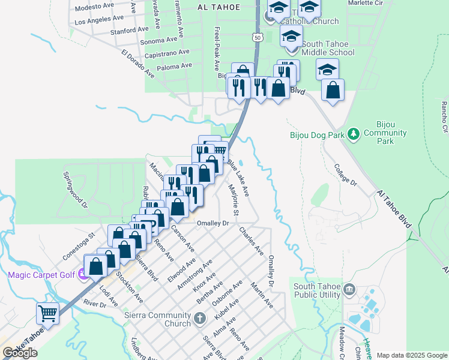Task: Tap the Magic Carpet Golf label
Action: pyautogui.click(x=41, y=275)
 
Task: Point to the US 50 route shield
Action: pyautogui.click(x=258, y=37)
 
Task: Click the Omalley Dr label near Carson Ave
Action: pyautogui.click(x=213, y=223)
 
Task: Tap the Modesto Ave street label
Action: pyautogui.click(x=95, y=7)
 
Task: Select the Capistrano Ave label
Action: pyautogui.click(x=169, y=53)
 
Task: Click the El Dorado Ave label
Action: pyautogui.click(x=137, y=64)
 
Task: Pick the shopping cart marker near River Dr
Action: pyautogui.click(x=47, y=313)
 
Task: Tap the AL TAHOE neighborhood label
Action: pyautogui.click(x=218, y=7)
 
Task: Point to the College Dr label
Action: pyautogui.click(x=345, y=174)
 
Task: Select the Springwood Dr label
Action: pyautogui.click(x=75, y=190)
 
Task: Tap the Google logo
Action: pyautogui.click(x=20, y=353)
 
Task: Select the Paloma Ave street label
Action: pyautogui.click(x=173, y=65)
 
